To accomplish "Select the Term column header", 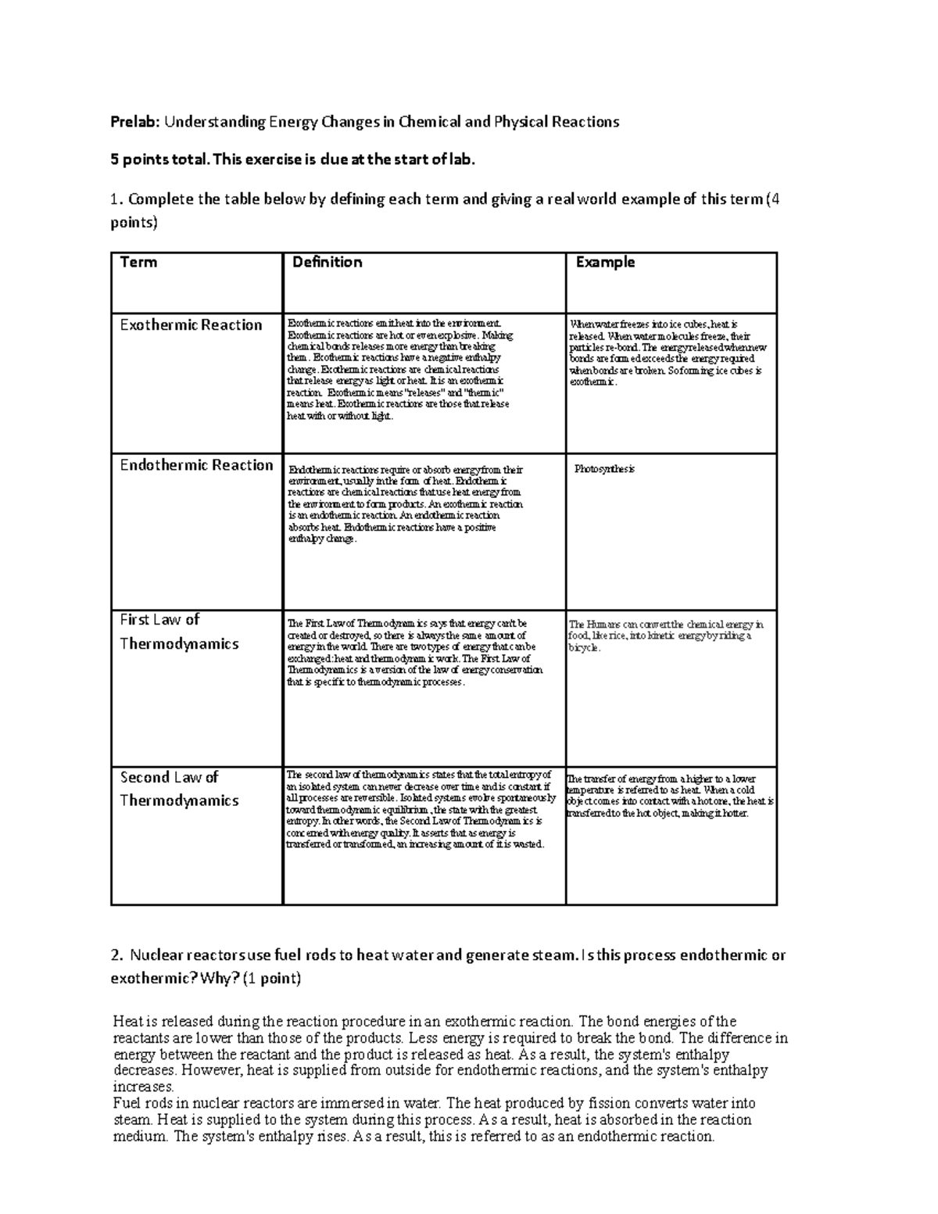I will [x=138, y=263].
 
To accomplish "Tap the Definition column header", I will [x=327, y=263].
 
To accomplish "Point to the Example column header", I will [x=605, y=263].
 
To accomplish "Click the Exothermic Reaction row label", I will [x=191, y=325].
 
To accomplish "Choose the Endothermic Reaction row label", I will [x=196, y=465].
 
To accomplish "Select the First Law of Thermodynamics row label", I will [x=179, y=632].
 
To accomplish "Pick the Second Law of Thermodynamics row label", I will [x=179, y=789].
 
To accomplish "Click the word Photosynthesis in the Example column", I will [x=604, y=469].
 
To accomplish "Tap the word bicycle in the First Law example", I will [x=584, y=648].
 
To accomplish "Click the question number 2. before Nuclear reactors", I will [x=117, y=955].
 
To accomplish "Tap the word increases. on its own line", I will [x=143, y=1087].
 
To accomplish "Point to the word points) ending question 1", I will [x=134, y=223].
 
